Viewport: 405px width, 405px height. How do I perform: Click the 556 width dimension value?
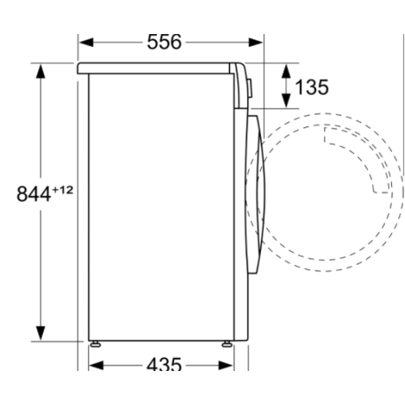point(164,41)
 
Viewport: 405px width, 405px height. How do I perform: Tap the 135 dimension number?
point(312,87)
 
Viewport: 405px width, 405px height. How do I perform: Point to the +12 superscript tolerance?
point(62,189)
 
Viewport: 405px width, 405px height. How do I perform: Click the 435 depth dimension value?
point(164,365)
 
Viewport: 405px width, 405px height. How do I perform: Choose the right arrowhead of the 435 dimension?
point(231,365)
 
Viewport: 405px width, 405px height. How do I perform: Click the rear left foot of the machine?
point(96,343)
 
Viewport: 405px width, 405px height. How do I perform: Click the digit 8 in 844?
point(22,194)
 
